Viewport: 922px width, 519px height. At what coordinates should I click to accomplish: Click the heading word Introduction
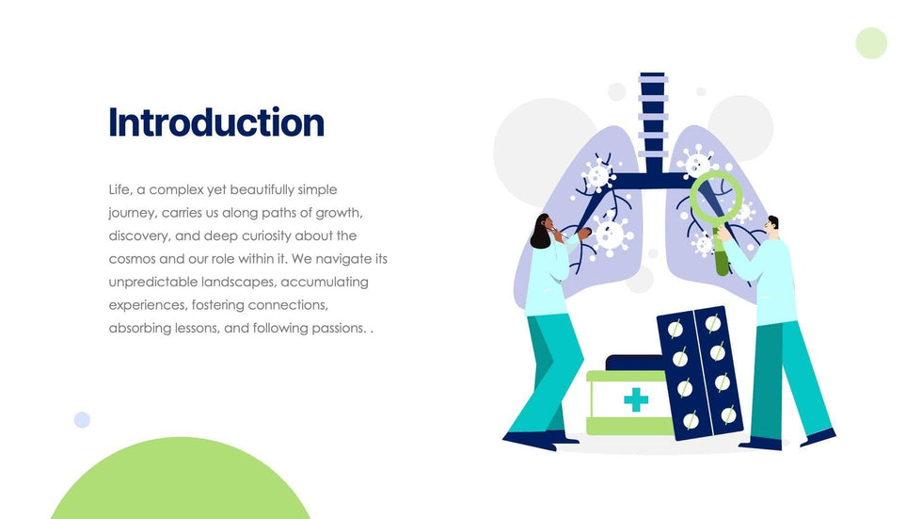coord(216,122)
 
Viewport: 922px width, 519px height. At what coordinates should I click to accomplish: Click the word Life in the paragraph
coord(120,189)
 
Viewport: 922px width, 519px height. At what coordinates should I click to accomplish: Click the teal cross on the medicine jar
coord(636,399)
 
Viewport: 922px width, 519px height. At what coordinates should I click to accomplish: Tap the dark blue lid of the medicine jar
coord(633,363)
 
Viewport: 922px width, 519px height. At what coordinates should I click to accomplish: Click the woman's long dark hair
coord(539,232)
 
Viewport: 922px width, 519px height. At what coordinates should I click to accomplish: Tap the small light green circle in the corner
coord(871,43)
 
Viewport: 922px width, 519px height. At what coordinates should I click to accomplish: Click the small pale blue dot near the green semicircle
coord(83,419)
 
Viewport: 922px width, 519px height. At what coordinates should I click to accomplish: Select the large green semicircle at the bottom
coord(181,479)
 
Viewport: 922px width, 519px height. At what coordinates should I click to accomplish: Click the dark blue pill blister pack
coord(700,373)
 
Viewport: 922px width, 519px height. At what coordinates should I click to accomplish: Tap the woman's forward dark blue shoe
coord(530,440)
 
